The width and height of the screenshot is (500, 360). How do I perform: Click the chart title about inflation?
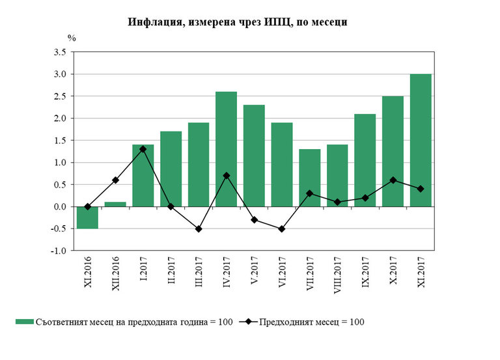click(237, 22)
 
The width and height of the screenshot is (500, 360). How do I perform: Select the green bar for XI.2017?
click(421, 140)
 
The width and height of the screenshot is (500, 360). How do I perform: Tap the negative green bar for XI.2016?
click(87, 217)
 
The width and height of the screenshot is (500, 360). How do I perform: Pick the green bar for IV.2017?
click(226, 149)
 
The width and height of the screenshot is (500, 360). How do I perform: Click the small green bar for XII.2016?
click(115, 204)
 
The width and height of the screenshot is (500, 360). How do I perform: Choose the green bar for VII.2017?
click(309, 178)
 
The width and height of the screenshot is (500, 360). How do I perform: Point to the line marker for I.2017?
click(143, 149)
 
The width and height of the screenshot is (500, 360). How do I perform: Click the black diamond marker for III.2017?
click(199, 228)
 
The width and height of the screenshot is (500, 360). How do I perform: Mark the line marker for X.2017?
click(393, 180)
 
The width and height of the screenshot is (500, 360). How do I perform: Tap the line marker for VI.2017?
click(282, 228)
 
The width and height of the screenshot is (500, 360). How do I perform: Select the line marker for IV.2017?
click(226, 176)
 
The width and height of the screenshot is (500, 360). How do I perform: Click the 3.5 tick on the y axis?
click(60, 51)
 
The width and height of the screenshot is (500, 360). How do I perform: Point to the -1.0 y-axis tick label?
click(59, 251)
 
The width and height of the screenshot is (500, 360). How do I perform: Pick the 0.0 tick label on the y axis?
click(60, 206)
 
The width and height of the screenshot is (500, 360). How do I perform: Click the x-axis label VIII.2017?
click(337, 277)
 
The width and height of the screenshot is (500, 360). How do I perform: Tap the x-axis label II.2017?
click(171, 273)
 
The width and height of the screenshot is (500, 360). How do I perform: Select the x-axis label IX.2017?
click(365, 273)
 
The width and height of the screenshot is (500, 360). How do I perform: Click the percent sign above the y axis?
click(72, 38)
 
